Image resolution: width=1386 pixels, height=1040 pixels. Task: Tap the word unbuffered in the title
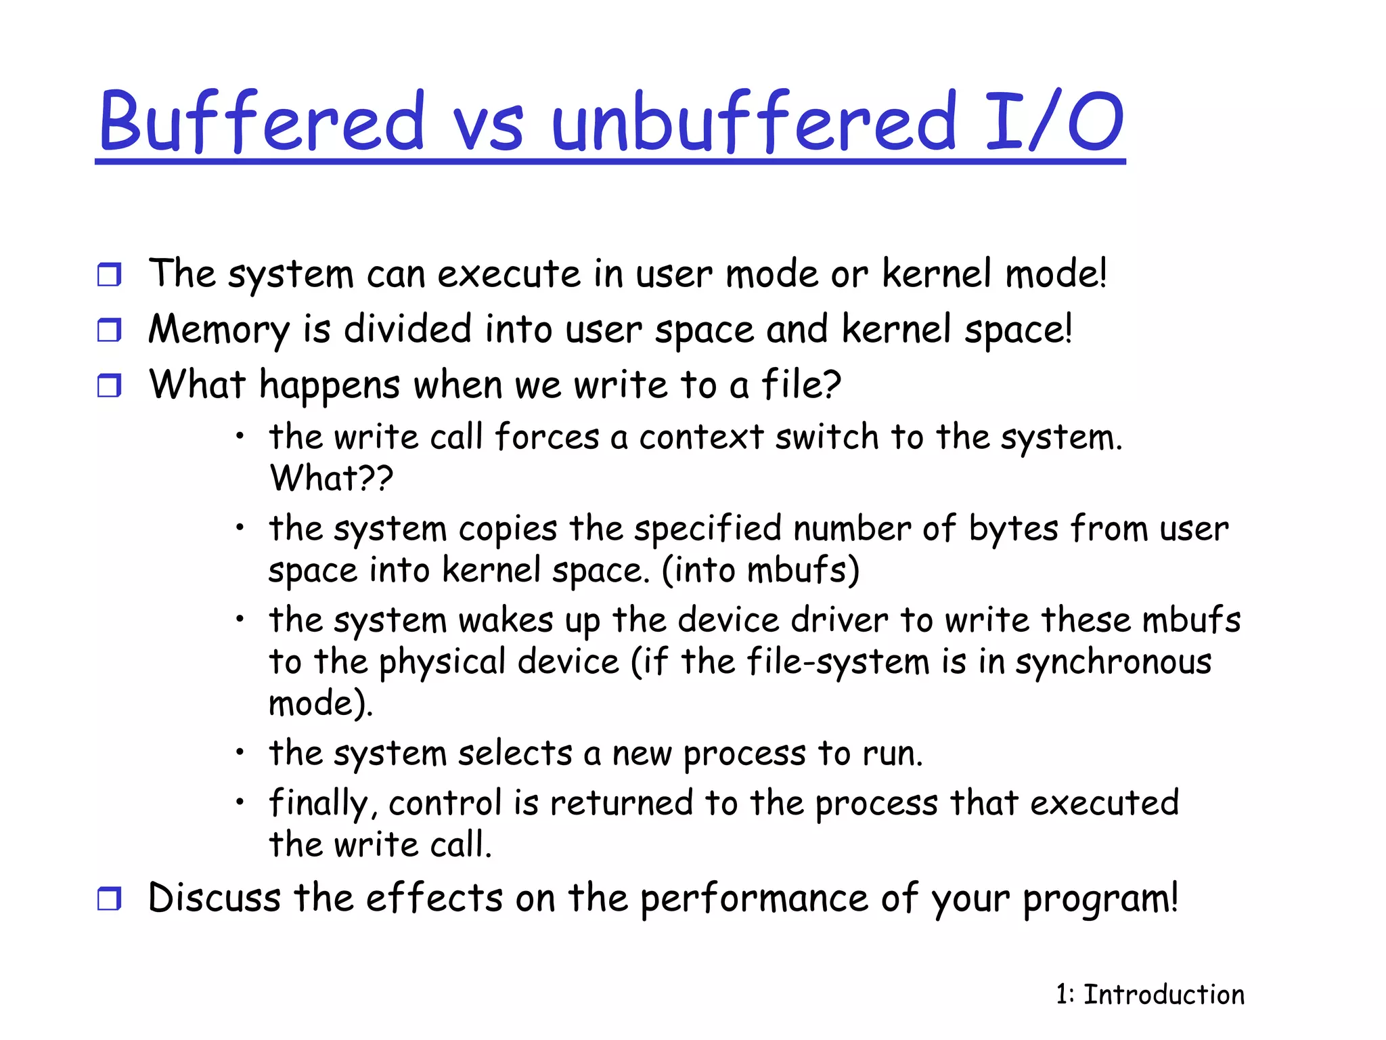pyautogui.click(x=754, y=122)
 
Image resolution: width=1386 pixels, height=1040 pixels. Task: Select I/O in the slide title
pyautogui.click(x=1053, y=122)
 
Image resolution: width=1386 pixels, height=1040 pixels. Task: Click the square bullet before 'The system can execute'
pyautogui.click(x=109, y=275)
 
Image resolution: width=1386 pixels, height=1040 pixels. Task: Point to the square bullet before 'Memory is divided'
pyautogui.click(x=109, y=330)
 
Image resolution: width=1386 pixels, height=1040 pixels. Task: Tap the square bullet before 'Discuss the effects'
pyautogui.click(x=109, y=899)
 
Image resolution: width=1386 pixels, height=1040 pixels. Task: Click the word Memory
pyautogui.click(x=219, y=330)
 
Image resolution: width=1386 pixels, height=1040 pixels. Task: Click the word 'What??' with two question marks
pyautogui.click(x=331, y=478)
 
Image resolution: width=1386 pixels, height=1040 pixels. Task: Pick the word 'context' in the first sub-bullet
pyautogui.click(x=701, y=437)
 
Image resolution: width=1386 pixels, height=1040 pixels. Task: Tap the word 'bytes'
pyautogui.click(x=1013, y=529)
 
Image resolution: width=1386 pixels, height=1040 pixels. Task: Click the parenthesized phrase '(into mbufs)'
pyautogui.click(x=760, y=570)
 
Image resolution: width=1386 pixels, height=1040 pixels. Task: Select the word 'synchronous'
pyautogui.click(x=1113, y=662)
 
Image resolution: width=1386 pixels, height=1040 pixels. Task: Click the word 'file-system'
pyautogui.click(x=838, y=662)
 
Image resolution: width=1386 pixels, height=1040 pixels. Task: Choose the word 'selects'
pyautogui.click(x=515, y=754)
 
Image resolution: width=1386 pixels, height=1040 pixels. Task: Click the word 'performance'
pyautogui.click(x=754, y=899)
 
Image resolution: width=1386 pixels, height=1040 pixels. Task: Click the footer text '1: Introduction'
pyautogui.click(x=1150, y=995)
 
